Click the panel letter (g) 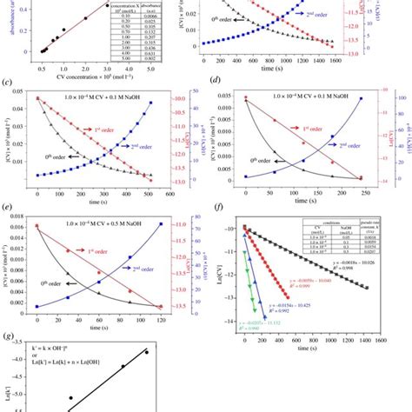point(7,337)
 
